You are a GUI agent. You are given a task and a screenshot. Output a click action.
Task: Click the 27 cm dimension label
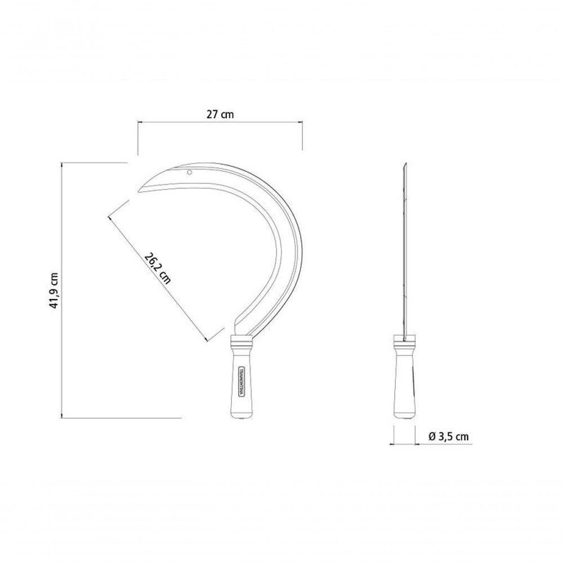point(220,114)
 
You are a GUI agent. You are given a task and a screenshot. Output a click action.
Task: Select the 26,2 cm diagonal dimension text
point(157,268)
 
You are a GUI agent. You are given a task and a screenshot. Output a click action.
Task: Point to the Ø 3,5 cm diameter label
point(449,437)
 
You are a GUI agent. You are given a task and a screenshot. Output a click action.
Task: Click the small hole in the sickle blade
point(189,173)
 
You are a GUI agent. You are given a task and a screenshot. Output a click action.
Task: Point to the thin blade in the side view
point(405,251)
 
